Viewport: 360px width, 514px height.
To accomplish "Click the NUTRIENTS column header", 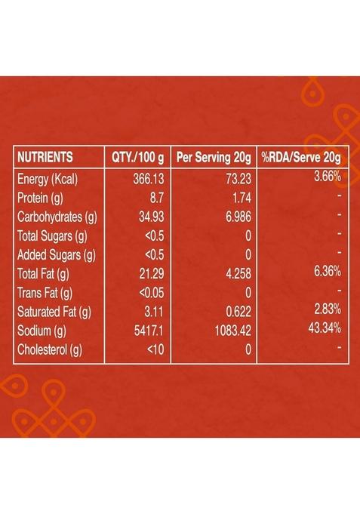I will tap(45, 158).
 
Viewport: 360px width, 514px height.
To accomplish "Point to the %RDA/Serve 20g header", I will tap(301, 158).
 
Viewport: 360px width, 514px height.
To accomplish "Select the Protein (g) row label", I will tap(42, 198).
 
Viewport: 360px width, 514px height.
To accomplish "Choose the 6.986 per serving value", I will tap(234, 217).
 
